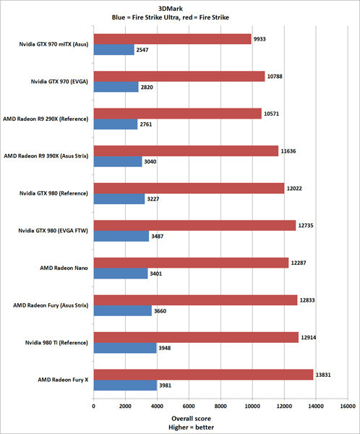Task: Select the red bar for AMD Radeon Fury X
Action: click(x=203, y=374)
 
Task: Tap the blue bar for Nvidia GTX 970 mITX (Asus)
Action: click(x=113, y=50)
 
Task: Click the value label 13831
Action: click(x=327, y=374)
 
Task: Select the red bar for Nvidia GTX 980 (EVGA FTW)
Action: click(x=194, y=225)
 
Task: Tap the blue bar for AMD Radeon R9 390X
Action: click(x=117, y=162)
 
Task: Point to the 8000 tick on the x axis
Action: click(x=220, y=407)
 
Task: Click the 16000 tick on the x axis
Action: click(x=348, y=407)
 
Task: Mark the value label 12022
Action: click(x=298, y=187)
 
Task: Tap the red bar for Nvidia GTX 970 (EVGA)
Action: click(x=179, y=75)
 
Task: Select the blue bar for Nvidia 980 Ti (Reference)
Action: click(x=124, y=348)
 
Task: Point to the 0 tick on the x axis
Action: click(x=93, y=407)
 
